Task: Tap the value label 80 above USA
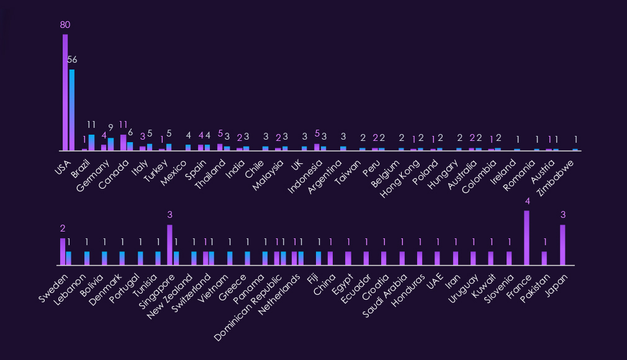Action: [65, 25]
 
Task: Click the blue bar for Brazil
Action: [91, 142]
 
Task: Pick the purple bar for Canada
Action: [123, 142]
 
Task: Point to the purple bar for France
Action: [527, 238]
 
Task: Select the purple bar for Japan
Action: [562, 245]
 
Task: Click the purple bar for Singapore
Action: [169, 245]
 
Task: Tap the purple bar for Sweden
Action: [63, 251]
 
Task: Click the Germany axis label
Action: [92, 168]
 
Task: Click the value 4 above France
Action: [527, 201]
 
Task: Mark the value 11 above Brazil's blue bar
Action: [91, 124]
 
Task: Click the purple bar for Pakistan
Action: [544, 258]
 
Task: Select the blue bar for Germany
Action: [111, 144]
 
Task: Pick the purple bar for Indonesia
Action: [317, 147]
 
